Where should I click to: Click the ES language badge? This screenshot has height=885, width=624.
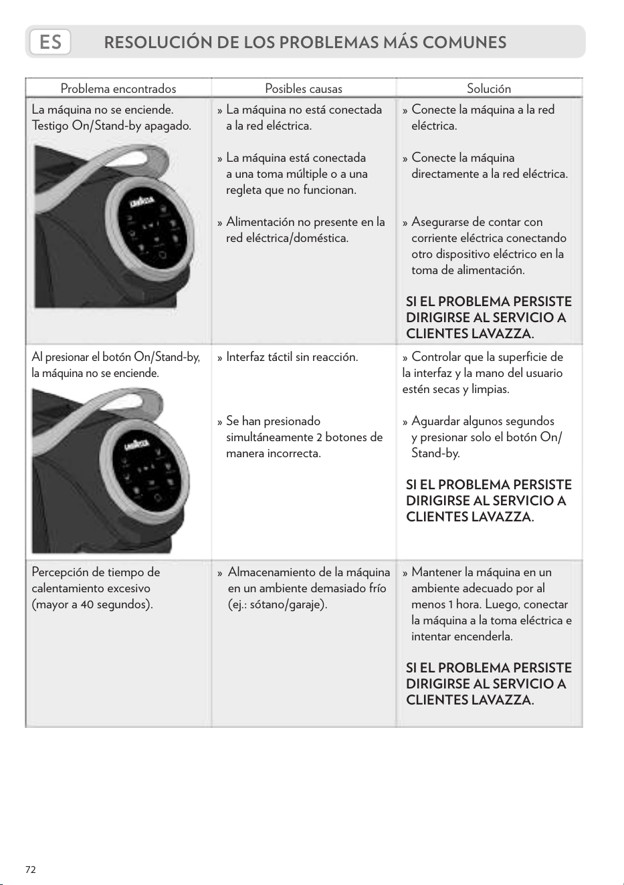point(50,42)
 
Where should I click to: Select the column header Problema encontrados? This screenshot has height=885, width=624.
point(118,88)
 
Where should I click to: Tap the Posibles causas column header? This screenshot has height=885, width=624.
point(304,88)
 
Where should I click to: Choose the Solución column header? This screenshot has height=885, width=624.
point(489,88)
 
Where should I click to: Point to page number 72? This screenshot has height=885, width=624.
point(31,870)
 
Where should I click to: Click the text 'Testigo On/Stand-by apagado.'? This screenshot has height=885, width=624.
point(112,126)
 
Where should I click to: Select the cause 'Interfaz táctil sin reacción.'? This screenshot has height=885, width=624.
point(292,357)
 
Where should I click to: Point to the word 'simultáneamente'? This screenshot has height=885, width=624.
point(270,437)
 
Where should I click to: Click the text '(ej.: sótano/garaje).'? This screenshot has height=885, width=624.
point(278,604)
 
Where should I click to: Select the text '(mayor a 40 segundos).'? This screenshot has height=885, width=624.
point(92,604)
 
